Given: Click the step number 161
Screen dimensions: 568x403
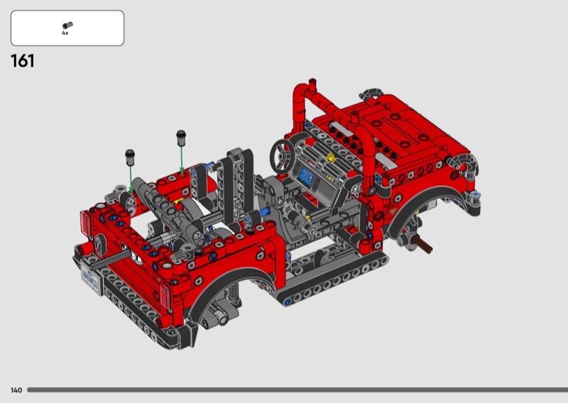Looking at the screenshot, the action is coord(23,61).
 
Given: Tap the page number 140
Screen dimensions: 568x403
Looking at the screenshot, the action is coord(16,390).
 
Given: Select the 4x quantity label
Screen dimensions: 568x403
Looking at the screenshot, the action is coord(65,33).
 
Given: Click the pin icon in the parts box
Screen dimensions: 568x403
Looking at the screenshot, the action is coord(67,26).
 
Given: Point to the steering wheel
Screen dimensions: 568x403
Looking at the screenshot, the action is coord(281,155).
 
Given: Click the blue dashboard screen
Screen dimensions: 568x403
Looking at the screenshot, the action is coord(307,177).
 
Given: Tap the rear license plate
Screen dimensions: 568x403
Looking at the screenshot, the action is coord(91,278).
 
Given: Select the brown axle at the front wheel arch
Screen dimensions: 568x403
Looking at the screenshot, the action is coord(422,243).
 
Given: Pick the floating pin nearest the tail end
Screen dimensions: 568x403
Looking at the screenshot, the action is coord(130,157).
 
